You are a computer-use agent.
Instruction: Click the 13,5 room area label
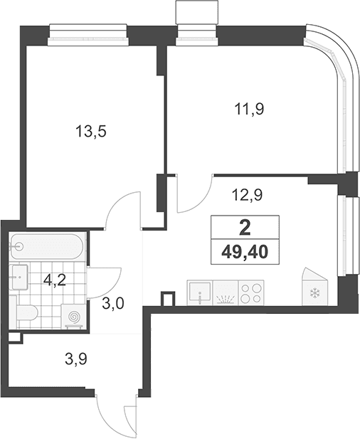point(91,132)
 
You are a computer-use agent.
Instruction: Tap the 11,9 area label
point(249,109)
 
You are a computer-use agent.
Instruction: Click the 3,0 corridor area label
point(113,304)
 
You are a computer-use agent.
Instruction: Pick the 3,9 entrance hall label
point(76,359)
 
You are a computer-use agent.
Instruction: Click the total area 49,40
point(245,253)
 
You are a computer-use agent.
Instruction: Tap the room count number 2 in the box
point(245,228)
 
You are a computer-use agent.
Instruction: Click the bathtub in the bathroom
point(47,247)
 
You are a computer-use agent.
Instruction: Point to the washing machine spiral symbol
point(74,317)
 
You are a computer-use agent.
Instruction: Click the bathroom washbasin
point(19,277)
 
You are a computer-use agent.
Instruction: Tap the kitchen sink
point(200,292)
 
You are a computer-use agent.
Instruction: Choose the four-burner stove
point(251,292)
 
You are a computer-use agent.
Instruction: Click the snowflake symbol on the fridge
point(314,293)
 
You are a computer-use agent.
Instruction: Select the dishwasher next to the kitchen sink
point(226,292)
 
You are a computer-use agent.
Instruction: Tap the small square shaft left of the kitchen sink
point(168,299)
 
